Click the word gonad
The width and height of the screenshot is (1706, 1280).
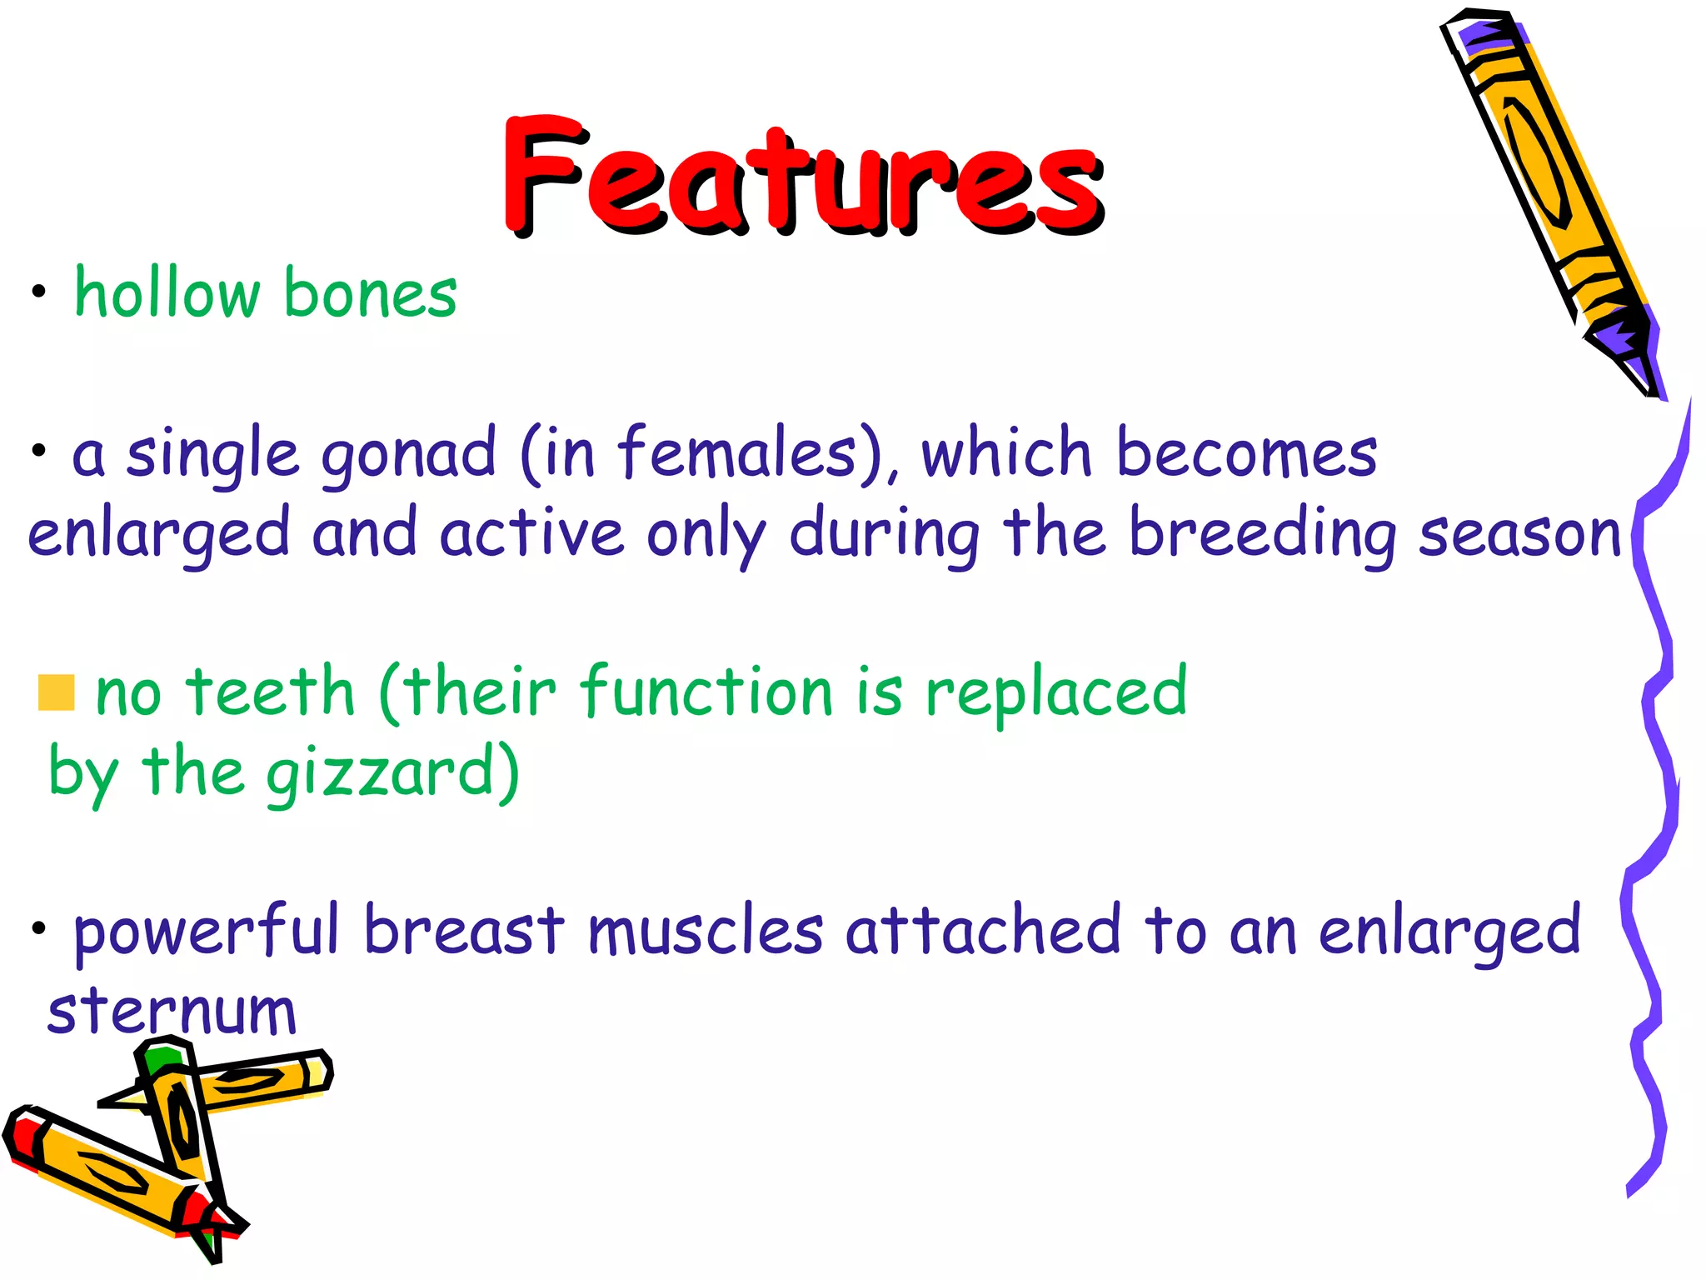[x=408, y=455]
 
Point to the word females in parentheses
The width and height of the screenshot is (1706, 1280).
[x=737, y=453]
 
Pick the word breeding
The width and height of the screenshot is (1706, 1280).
[x=1261, y=533]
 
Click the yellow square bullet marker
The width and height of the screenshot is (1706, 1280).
[x=57, y=692]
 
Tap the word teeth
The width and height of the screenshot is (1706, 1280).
[x=271, y=692]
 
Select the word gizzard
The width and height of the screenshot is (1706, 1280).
[x=382, y=773]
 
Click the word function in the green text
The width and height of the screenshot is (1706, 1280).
[x=706, y=692]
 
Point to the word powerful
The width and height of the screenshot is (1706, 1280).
[x=207, y=932]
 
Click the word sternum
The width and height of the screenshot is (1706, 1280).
[x=172, y=1012]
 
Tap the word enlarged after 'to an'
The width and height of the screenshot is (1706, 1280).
[x=1449, y=932]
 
